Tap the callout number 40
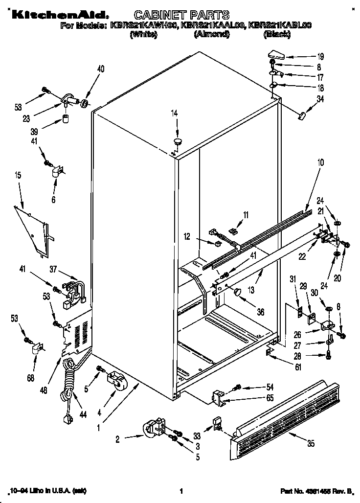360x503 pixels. tap(101, 69)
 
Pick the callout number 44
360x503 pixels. tap(83, 415)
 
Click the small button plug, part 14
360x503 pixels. tap(177, 141)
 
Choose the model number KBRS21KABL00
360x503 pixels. tap(282, 25)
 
